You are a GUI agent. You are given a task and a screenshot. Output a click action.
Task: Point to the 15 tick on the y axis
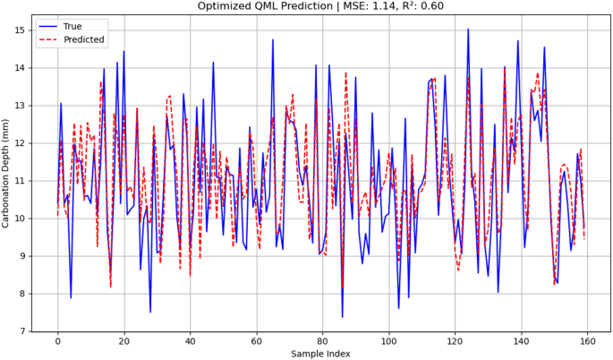[x=20, y=30]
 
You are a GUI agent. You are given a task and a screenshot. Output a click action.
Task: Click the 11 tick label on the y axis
[x=20, y=181]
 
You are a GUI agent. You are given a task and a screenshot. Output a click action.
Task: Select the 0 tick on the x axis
[x=57, y=341]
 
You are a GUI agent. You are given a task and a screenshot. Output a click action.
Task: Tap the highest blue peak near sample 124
[x=468, y=30]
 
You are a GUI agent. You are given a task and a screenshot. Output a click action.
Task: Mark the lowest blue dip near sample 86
[x=342, y=316]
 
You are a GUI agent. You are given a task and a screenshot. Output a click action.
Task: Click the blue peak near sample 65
[x=273, y=39]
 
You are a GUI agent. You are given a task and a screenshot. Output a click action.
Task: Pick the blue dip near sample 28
[x=150, y=312]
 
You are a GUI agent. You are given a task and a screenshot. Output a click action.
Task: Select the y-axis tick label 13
[x=20, y=106]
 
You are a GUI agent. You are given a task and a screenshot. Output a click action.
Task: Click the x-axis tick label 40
[x=190, y=341]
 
